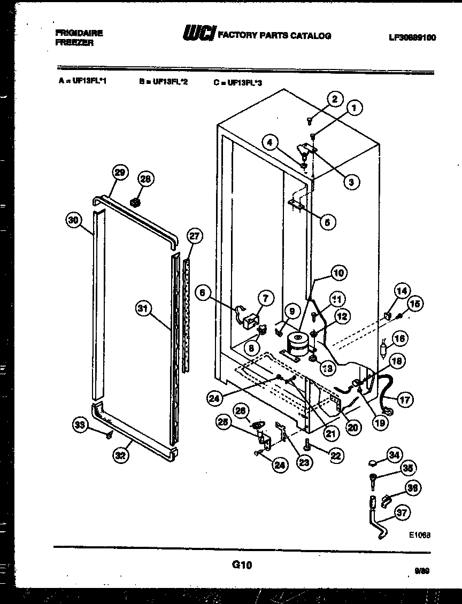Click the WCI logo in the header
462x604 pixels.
click(x=199, y=34)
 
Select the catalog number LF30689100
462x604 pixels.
click(x=412, y=37)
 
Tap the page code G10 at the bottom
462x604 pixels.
click(x=242, y=564)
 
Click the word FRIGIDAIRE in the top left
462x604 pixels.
click(x=79, y=33)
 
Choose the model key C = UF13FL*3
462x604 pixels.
click(x=238, y=82)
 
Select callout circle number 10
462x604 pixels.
click(x=338, y=273)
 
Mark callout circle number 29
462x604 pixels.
click(x=120, y=172)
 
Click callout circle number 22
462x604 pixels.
click(x=336, y=455)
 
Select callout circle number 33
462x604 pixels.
click(x=80, y=425)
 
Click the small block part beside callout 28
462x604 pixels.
click(x=135, y=202)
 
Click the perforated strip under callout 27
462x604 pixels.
click(x=187, y=315)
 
